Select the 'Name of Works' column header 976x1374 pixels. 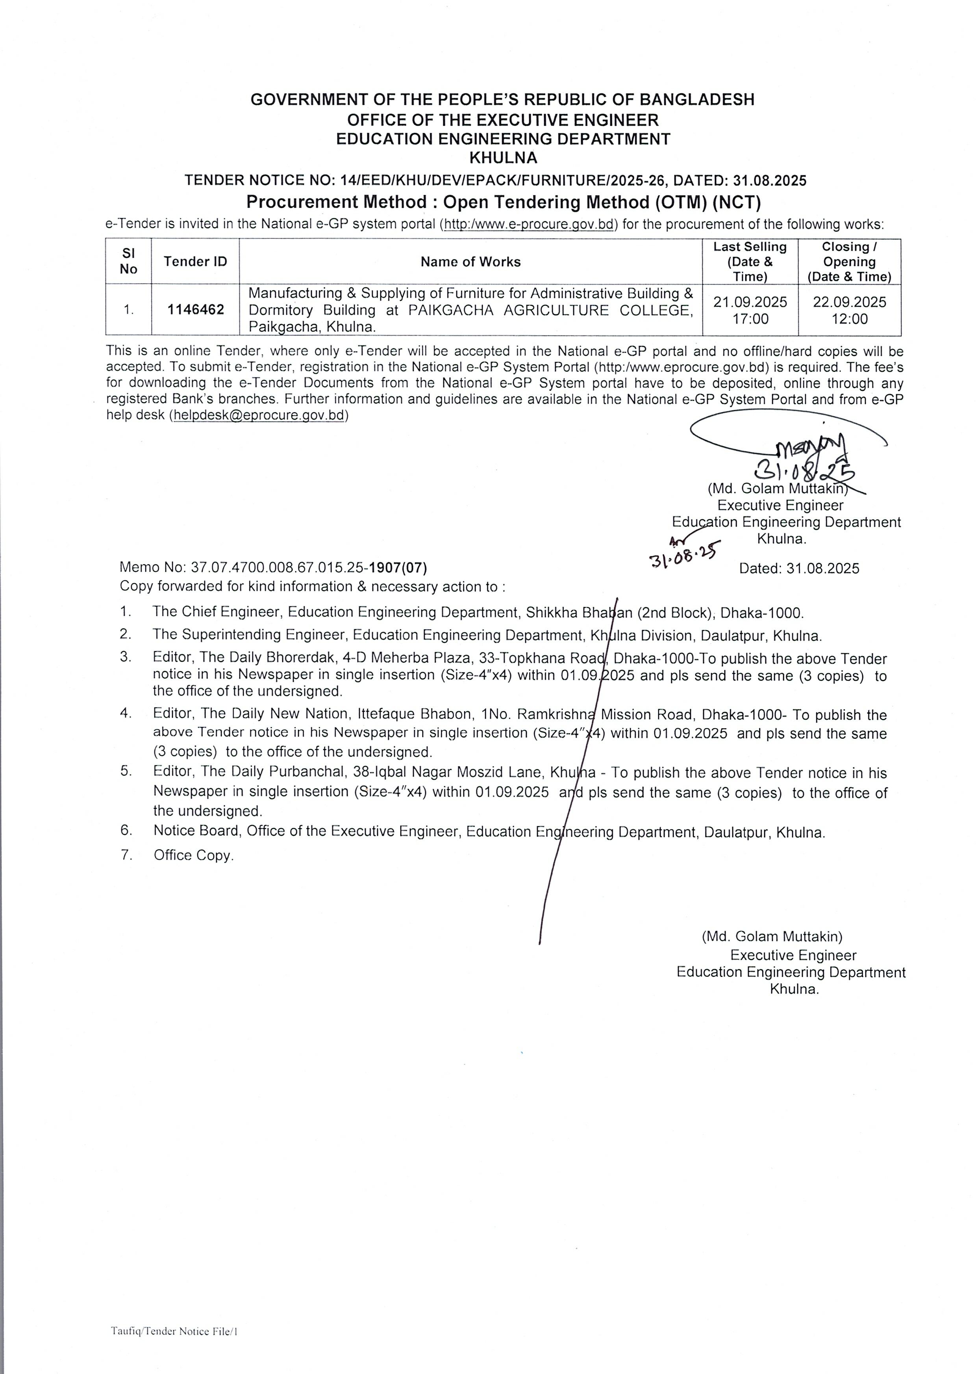pyautogui.click(x=470, y=262)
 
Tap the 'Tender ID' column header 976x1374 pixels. pyautogui.click(x=195, y=262)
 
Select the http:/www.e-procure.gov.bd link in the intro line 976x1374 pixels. pyautogui.click(x=529, y=224)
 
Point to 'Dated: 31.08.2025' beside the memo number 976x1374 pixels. pyautogui.click(x=799, y=568)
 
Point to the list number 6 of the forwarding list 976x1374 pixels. pyautogui.click(x=126, y=830)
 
